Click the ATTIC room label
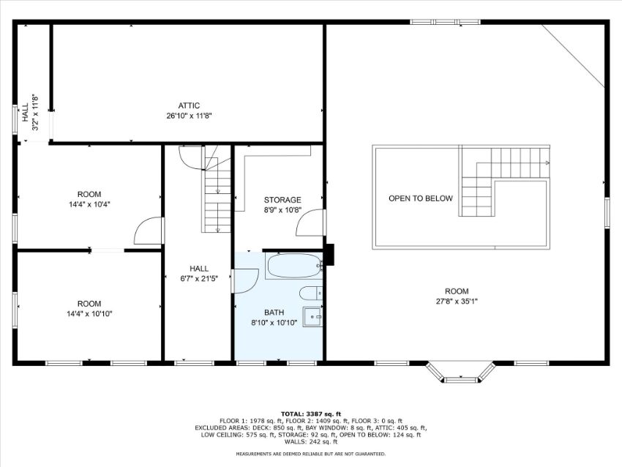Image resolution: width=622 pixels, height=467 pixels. coord(189,105)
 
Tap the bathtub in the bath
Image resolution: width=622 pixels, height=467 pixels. coord(294,266)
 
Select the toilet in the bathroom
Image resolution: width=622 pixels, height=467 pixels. coord(311,294)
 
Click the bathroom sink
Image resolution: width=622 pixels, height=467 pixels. coord(313,317)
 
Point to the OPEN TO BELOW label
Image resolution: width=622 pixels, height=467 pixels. coord(421,198)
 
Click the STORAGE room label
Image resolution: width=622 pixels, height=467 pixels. coord(282,200)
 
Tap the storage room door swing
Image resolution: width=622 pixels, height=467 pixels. coord(310,223)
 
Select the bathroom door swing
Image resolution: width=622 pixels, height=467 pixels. coord(246,281)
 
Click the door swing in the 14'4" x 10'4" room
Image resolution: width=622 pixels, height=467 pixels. coord(149,231)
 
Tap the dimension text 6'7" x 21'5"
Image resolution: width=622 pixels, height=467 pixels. coord(199,279)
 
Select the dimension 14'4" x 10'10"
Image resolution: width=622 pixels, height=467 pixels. coord(89,314)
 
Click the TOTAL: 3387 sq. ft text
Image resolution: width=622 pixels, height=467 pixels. coord(310,414)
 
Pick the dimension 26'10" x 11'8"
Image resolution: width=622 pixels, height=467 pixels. coord(190,116)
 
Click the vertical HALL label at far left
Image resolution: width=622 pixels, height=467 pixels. coord(26,113)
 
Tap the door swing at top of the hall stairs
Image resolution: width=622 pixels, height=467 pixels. coord(192,158)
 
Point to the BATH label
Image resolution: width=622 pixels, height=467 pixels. coord(274,313)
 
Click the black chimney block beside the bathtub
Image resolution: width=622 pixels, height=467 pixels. coord(329,255)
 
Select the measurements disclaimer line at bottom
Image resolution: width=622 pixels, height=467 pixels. coord(310,454)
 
